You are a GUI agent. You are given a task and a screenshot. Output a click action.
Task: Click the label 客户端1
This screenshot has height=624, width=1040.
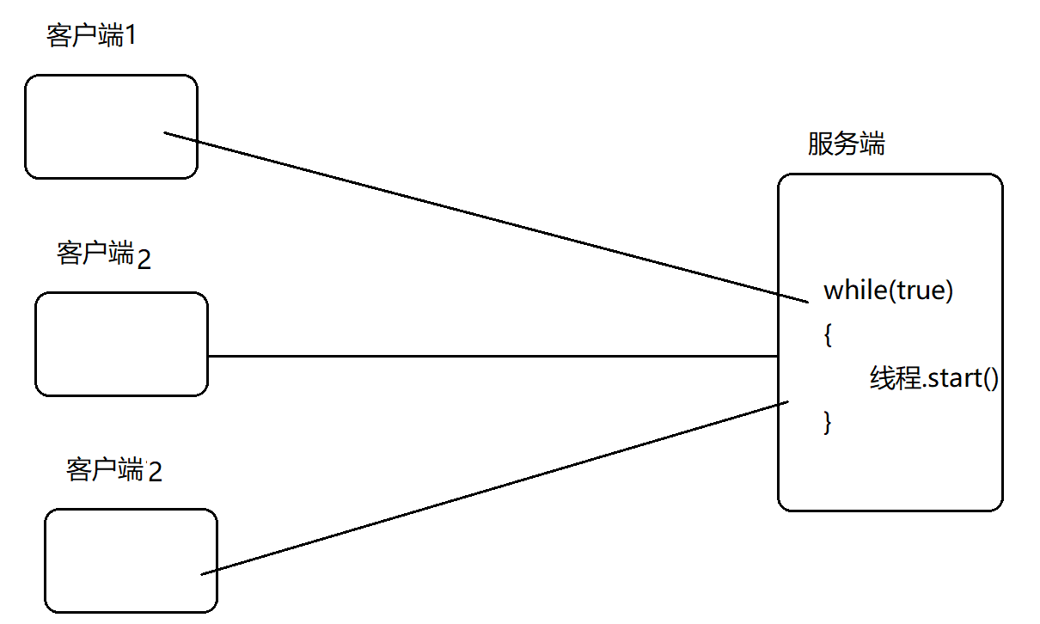click(x=93, y=36)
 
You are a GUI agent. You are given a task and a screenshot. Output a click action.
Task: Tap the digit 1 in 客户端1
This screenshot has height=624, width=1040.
click(x=131, y=37)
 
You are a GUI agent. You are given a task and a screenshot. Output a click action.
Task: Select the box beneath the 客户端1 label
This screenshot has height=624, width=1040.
click(x=111, y=126)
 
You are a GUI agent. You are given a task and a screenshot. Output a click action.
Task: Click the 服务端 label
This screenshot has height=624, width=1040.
click(x=846, y=144)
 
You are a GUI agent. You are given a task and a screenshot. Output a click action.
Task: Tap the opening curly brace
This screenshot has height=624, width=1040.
click(x=828, y=334)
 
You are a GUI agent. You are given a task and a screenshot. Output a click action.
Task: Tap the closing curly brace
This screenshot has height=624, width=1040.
click(x=828, y=422)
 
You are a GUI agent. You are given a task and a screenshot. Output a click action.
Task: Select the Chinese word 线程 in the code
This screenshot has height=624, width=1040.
click(x=896, y=378)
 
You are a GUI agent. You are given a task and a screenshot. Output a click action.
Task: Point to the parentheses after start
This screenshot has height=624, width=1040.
click(x=989, y=379)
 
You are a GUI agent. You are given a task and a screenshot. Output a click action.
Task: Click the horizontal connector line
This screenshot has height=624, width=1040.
click(x=490, y=356)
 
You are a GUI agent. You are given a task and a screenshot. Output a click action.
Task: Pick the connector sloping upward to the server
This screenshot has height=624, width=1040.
click(x=494, y=488)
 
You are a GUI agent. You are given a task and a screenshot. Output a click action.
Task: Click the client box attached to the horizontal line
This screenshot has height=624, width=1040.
click(x=121, y=344)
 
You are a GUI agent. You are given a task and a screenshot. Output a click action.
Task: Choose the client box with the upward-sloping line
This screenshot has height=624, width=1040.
click(x=131, y=560)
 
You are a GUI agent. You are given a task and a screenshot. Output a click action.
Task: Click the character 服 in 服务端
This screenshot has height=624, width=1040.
click(x=820, y=144)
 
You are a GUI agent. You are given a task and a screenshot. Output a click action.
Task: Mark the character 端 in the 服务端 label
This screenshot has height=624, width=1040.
click(x=872, y=144)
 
